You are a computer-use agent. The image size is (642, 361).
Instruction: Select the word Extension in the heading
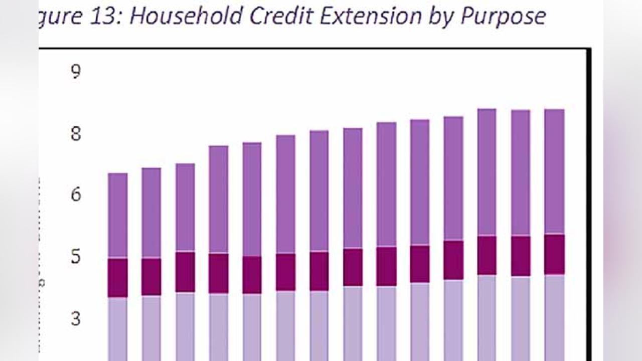coord(366,16)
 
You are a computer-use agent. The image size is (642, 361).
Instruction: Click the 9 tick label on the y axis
coord(75,73)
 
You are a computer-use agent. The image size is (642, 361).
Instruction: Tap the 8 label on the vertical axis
coord(75,134)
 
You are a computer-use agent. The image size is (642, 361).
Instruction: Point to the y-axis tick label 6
coord(75,195)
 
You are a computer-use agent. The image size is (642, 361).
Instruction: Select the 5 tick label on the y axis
coord(75,257)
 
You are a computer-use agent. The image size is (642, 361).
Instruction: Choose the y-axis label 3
coord(75,318)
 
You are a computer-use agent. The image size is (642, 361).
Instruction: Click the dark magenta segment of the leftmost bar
coord(118,278)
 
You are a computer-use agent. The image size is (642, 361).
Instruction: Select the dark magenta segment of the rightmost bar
coord(554,254)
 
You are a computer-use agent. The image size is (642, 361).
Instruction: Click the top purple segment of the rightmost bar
coord(554,170)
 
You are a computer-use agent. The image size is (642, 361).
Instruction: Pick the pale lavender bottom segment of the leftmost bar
coord(118,328)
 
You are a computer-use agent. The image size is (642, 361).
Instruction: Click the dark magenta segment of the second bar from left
coord(151,276)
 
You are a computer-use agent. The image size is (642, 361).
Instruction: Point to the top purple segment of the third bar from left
coord(185,207)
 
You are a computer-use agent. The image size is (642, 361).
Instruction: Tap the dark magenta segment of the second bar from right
coord(521,256)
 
